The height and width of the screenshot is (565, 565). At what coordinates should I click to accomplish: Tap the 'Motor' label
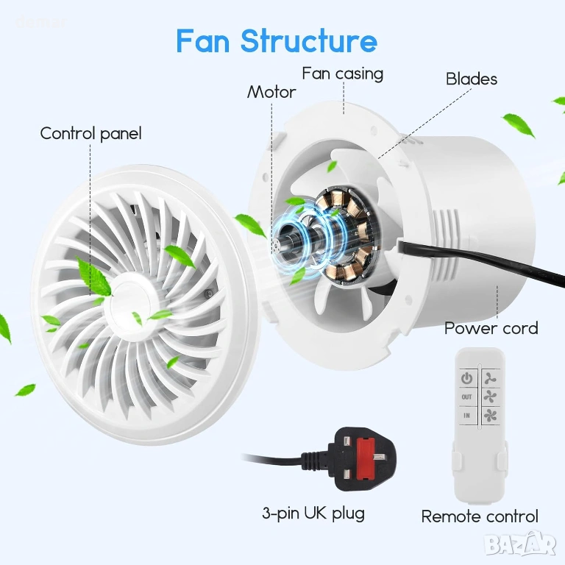[271, 92]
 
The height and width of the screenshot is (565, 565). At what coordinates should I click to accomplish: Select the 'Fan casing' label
[342, 74]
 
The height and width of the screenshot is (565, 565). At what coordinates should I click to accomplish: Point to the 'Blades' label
[472, 79]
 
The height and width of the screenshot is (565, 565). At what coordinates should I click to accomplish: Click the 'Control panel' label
[90, 133]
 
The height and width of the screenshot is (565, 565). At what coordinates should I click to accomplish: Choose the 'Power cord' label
[491, 328]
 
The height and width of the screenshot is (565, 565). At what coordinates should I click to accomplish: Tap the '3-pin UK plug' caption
[313, 513]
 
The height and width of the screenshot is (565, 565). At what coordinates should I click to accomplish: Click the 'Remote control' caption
[480, 516]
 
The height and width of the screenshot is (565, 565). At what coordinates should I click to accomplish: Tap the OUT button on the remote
[467, 397]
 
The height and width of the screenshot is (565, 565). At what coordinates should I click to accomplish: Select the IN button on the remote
[467, 416]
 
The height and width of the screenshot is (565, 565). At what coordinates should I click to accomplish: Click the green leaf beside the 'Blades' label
[519, 125]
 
